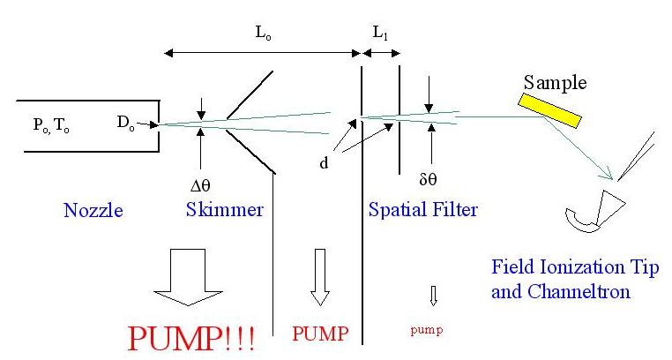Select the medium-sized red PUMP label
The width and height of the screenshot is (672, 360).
click(319, 333)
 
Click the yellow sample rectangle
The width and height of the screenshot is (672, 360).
click(549, 108)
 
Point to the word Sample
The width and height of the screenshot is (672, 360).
click(554, 82)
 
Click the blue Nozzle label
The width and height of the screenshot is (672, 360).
click(93, 211)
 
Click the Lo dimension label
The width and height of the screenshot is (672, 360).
click(264, 34)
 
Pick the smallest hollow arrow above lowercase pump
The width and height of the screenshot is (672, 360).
click(433, 294)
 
